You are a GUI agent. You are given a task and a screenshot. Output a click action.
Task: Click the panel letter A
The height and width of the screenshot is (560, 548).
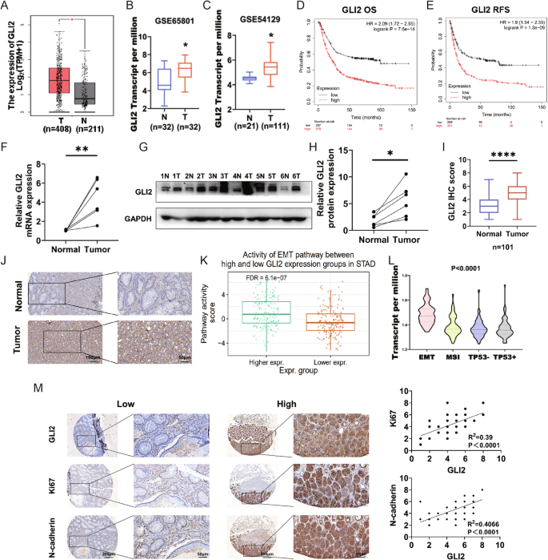(x=6, y=7)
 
